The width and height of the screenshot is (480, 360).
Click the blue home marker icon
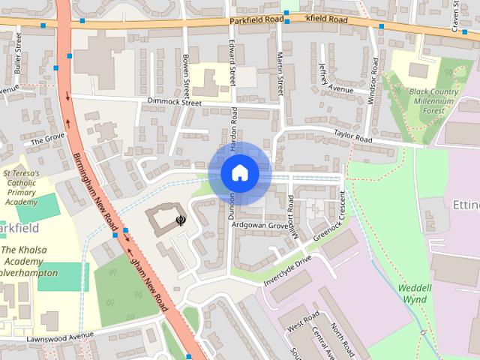(239, 173)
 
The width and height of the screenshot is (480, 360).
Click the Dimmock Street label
(175, 102)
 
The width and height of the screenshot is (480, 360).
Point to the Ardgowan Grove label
(261, 225)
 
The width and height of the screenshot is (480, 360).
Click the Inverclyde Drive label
(287, 268)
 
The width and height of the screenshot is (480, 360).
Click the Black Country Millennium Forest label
(434, 101)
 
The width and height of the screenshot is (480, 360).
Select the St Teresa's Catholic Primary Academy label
(22, 187)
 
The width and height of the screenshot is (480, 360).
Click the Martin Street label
(280, 67)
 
